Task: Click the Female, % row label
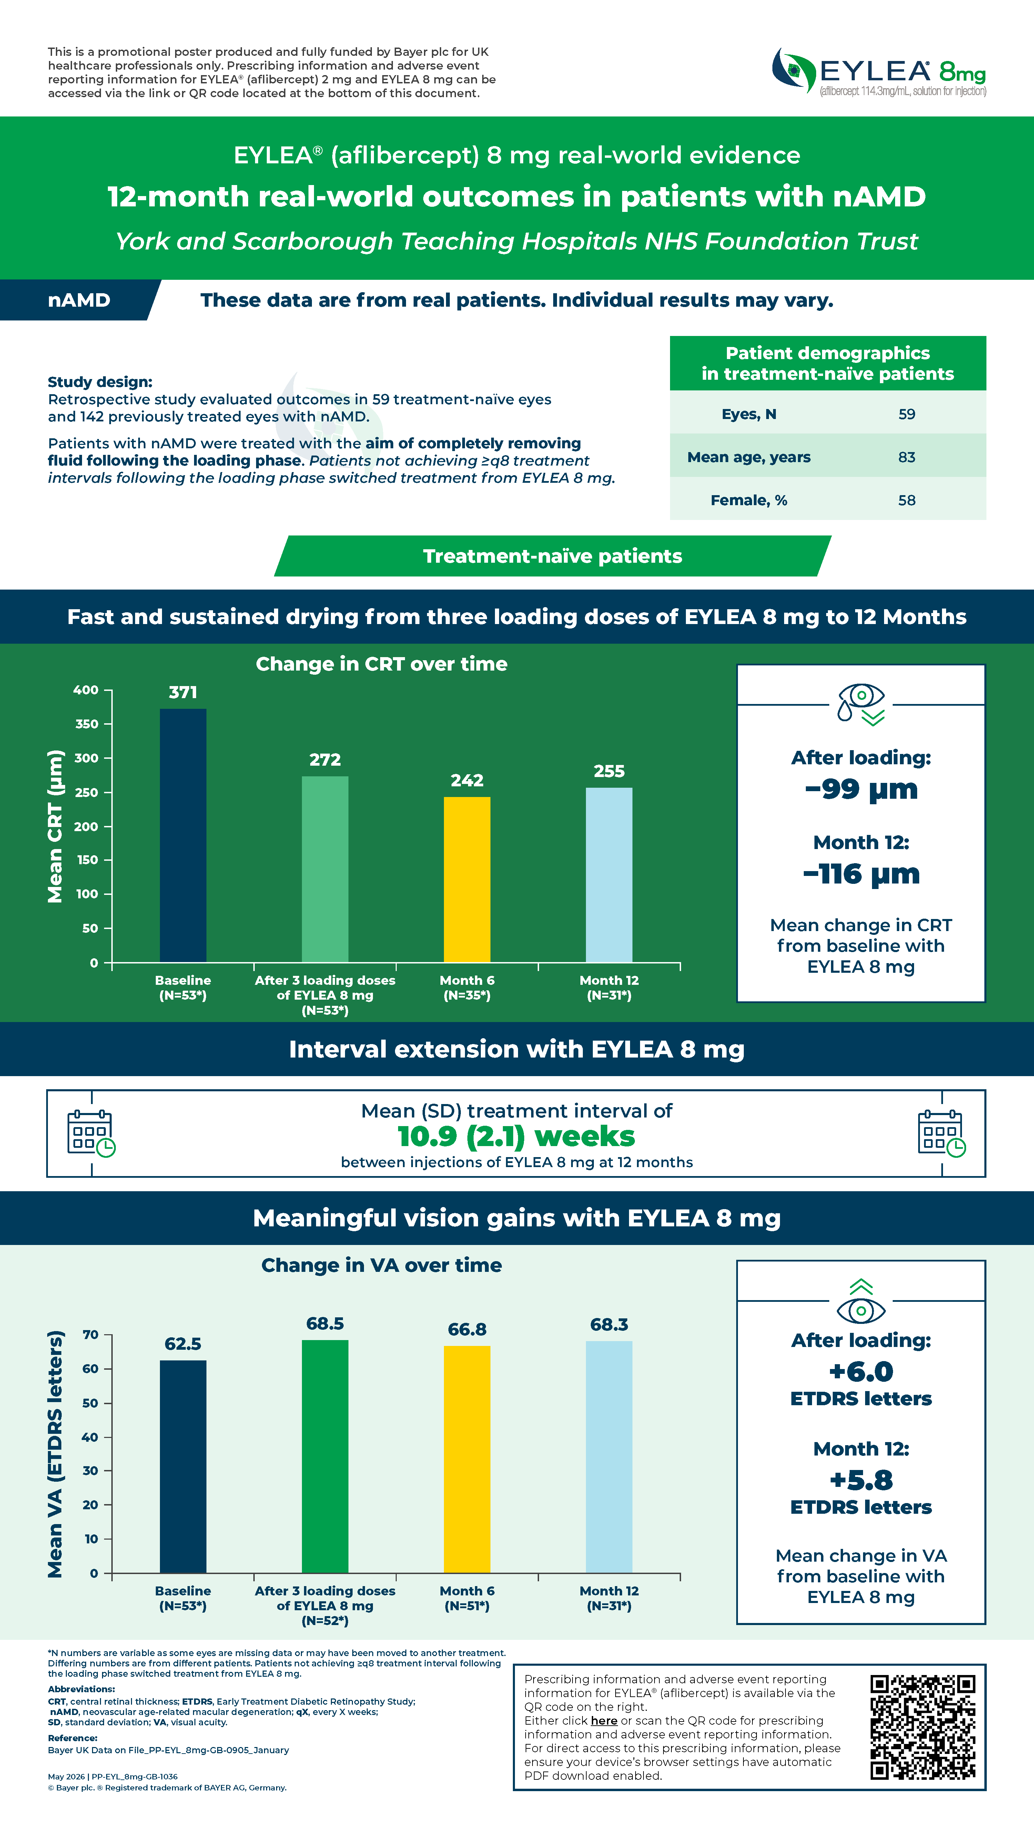(x=749, y=500)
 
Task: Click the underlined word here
(x=604, y=1720)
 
